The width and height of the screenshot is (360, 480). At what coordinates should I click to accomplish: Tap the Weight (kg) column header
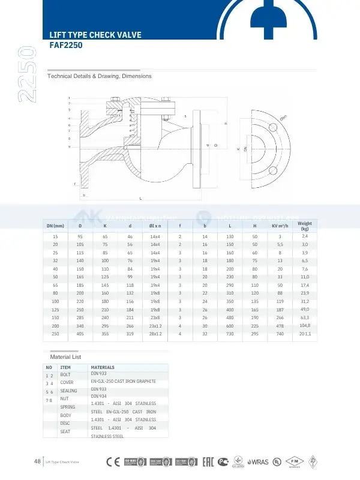305,226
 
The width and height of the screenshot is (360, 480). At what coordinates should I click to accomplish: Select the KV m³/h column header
280,226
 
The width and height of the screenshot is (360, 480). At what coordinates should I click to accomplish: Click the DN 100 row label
55,301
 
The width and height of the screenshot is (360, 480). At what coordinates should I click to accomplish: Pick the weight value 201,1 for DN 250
305,333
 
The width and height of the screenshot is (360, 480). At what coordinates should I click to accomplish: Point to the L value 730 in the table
230,333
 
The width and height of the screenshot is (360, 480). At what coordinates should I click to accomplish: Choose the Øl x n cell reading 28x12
155,333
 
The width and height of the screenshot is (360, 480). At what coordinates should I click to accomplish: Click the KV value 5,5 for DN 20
280,244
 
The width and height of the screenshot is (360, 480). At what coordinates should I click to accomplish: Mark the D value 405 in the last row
80,333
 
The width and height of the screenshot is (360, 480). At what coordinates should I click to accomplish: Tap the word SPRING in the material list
68,407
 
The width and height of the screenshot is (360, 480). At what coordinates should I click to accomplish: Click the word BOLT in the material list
65,374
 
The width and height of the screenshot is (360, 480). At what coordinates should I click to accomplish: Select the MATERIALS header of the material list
102,367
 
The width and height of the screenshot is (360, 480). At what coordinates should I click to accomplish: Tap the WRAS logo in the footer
259,461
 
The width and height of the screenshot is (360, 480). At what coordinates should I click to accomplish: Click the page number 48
37,461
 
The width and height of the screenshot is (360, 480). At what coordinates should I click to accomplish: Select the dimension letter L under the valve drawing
140,198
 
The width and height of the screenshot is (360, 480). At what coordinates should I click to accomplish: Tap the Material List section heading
65,356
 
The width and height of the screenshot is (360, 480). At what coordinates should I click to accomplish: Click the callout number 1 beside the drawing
69,97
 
